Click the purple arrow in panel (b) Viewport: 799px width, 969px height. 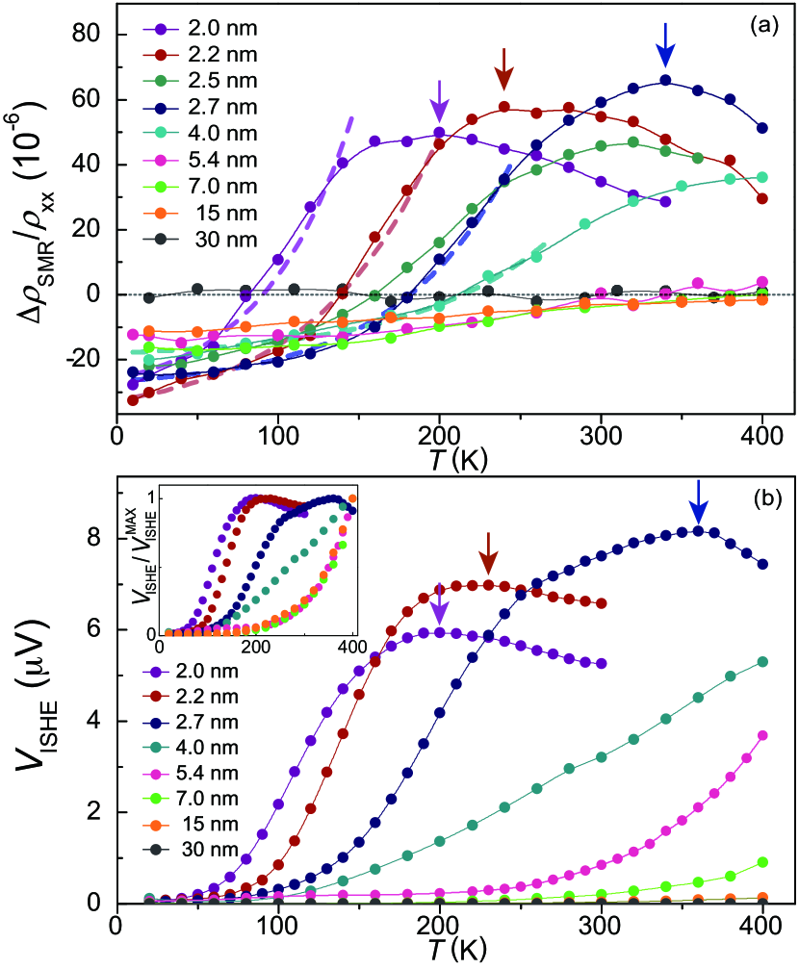439,606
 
